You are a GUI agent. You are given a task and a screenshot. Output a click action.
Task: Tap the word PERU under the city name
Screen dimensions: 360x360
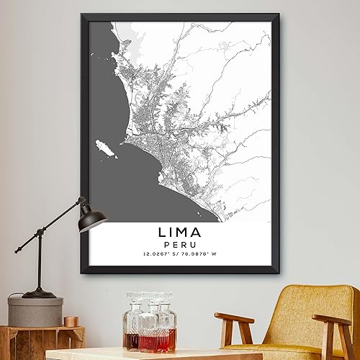179,246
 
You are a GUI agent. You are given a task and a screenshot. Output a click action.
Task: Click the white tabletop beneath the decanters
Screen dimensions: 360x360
144,355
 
